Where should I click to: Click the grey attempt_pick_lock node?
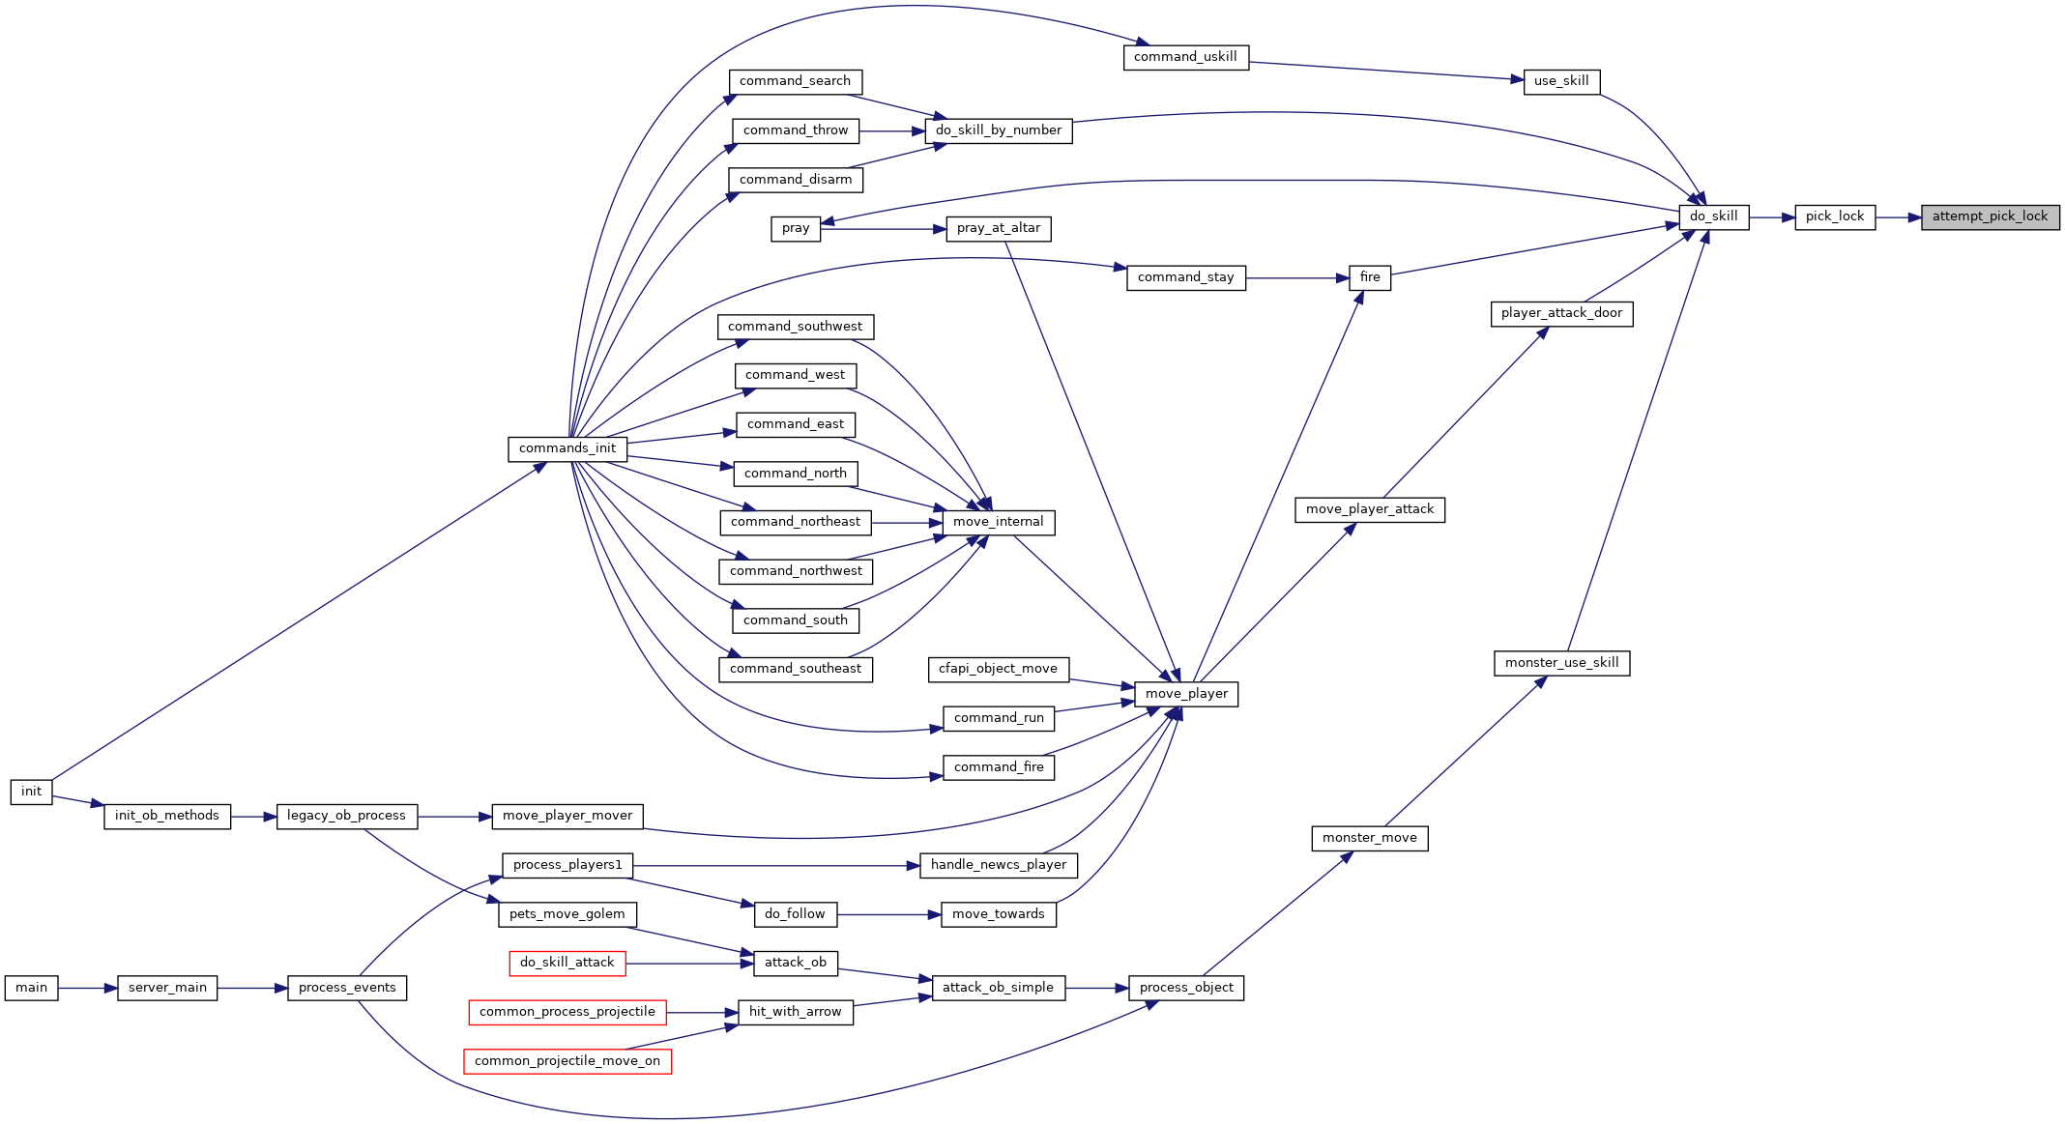point(1991,217)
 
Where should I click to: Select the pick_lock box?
point(1835,217)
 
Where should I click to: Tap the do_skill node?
point(1714,217)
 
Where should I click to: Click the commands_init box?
point(567,449)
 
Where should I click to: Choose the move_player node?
point(1186,695)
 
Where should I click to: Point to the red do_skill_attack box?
point(567,964)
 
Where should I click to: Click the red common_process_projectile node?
point(567,1013)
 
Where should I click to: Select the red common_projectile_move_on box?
point(567,1062)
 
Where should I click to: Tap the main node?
point(32,989)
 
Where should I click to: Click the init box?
point(32,793)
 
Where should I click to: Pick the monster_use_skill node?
point(1562,664)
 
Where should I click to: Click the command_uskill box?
point(1186,58)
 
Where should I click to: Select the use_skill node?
point(1562,82)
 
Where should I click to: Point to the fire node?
point(1370,278)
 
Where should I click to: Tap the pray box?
point(796,229)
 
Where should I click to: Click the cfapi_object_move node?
point(999,670)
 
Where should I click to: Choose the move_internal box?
point(999,523)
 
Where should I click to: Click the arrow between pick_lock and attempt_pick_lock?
point(1899,217)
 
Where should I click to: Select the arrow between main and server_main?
point(88,989)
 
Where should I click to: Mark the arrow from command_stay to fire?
point(1297,278)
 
